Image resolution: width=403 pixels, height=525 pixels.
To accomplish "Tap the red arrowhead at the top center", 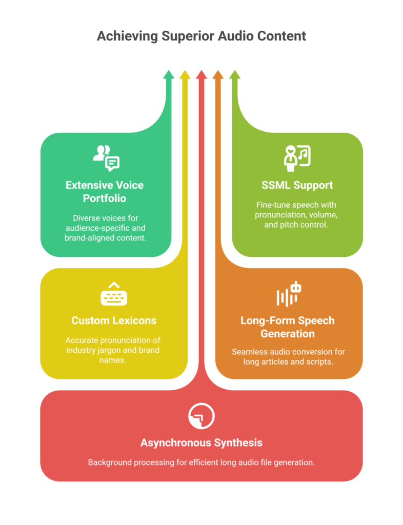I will pyautogui.click(x=201, y=75).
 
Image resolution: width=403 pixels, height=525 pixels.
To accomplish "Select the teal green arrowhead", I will pyautogui.click(x=169, y=75).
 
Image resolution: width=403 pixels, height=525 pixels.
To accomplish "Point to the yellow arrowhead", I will pyautogui.click(x=185, y=75).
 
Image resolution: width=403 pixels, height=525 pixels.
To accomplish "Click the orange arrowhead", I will pyautogui.click(x=218, y=75).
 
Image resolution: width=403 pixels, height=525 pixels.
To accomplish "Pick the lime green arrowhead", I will pyautogui.click(x=234, y=75).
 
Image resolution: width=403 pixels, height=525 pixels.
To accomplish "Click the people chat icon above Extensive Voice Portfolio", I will pyautogui.click(x=106, y=157).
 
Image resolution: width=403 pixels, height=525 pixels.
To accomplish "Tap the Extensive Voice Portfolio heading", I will pyautogui.click(x=105, y=191).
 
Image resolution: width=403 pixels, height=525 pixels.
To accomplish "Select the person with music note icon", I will pyautogui.click(x=297, y=157).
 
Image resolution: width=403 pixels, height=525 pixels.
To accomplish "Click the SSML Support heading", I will pyautogui.click(x=297, y=185).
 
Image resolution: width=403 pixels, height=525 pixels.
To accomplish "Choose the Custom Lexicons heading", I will pyautogui.click(x=114, y=320).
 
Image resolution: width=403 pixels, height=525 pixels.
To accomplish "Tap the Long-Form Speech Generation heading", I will pyautogui.click(x=287, y=327).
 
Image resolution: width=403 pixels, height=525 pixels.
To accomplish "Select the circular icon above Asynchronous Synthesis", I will pyautogui.click(x=201, y=416).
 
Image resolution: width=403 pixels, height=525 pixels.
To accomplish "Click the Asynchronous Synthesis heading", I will pyautogui.click(x=201, y=442).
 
